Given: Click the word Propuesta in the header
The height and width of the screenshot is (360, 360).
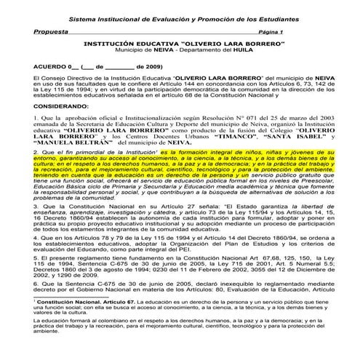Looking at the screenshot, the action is pyautogui.click(x=51, y=33).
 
